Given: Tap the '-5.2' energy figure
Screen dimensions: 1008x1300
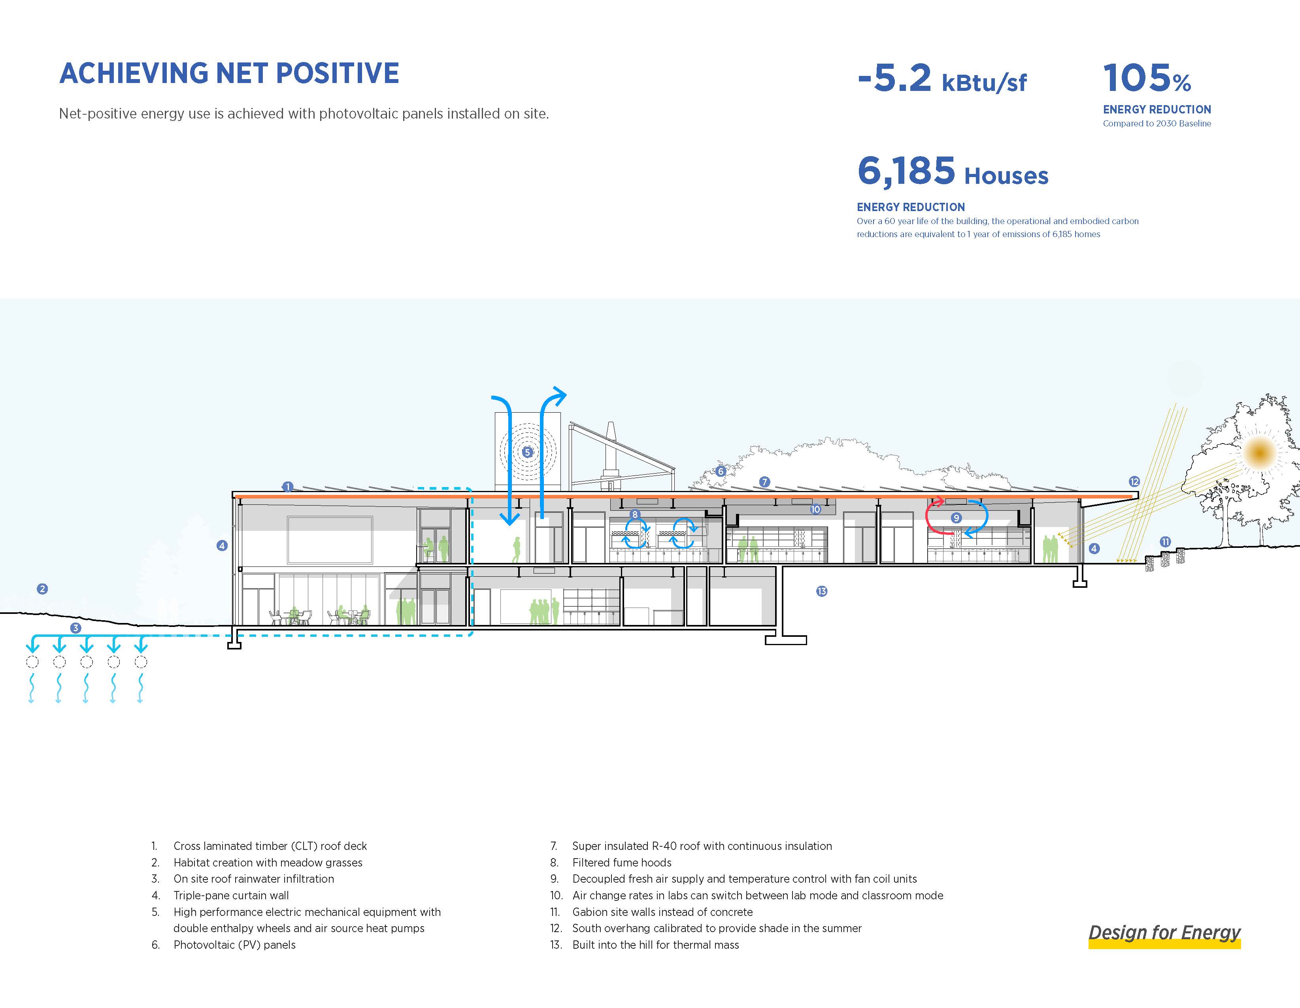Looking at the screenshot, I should pyautogui.click(x=894, y=79).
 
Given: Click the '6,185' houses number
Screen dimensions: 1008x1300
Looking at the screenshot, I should pyautogui.click(x=906, y=171).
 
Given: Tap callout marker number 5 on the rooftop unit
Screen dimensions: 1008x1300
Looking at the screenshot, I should pyautogui.click(x=527, y=452).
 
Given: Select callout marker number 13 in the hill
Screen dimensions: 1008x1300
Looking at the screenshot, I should pyautogui.click(x=821, y=591).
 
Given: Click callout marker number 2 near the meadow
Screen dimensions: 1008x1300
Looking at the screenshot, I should pyautogui.click(x=42, y=589).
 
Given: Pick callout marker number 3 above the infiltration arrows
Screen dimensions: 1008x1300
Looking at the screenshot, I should pyautogui.click(x=75, y=628).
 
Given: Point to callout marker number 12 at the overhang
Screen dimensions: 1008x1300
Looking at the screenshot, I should pyautogui.click(x=1134, y=482).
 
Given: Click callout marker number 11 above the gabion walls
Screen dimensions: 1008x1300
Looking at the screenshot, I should pyautogui.click(x=1165, y=542).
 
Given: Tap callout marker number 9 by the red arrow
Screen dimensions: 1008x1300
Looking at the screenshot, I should pyautogui.click(x=956, y=518).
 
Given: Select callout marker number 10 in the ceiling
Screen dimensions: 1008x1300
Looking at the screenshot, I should pyautogui.click(x=815, y=509).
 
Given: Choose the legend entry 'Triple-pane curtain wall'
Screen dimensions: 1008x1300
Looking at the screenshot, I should pyautogui.click(x=231, y=895).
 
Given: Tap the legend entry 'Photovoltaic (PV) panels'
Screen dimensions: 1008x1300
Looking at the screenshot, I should pyautogui.click(x=234, y=945).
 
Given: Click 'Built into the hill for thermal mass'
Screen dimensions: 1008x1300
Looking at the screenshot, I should pyautogui.click(x=655, y=945).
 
